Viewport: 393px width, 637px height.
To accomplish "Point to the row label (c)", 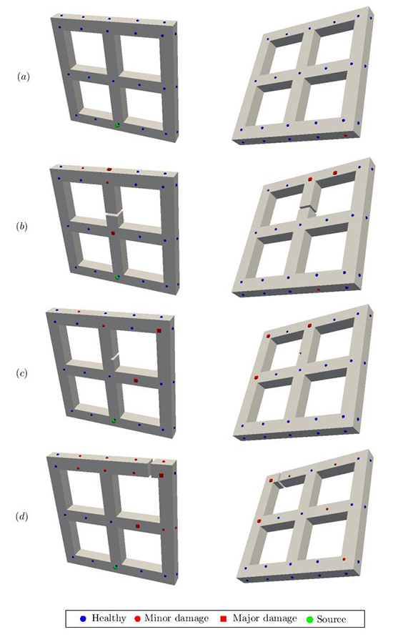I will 24,373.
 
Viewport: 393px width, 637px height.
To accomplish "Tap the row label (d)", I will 24,515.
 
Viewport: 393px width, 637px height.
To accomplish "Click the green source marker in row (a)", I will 118,125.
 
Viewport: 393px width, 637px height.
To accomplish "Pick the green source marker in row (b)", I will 118,277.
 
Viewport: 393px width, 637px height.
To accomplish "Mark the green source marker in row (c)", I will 113,420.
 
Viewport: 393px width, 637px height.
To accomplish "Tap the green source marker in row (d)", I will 115,567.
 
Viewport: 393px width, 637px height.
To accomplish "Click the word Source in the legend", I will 330,618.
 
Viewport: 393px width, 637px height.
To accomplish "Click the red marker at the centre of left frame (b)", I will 113,233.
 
